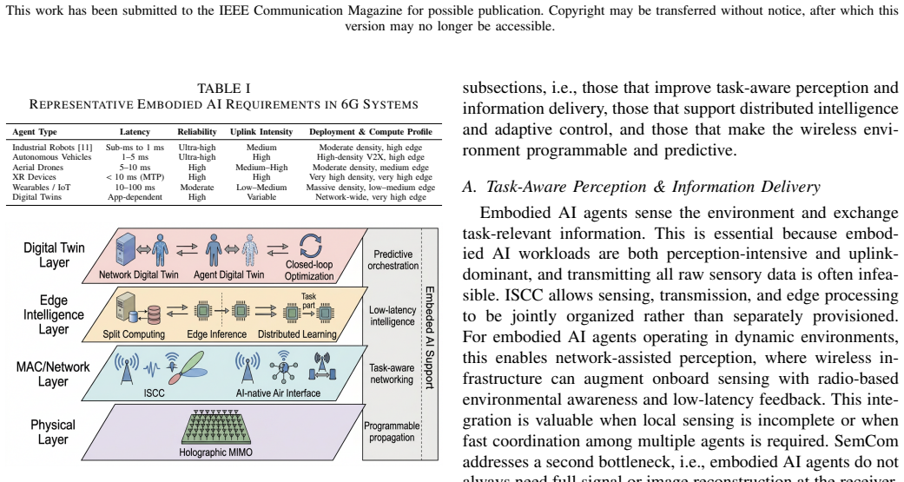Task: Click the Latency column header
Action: (135, 132)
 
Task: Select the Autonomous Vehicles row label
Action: (52, 157)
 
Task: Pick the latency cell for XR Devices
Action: (135, 177)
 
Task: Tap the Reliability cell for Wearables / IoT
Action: (197, 188)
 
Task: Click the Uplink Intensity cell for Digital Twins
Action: (261, 197)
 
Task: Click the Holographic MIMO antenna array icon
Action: (215, 426)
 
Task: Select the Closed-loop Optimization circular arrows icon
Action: (311, 246)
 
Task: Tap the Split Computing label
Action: (134, 334)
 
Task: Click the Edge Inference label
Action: (217, 334)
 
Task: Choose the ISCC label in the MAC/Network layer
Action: (154, 393)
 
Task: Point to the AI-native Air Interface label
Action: (278, 393)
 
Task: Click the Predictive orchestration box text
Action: (393, 260)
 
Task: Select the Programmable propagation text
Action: (392, 432)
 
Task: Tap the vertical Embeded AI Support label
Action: (430, 337)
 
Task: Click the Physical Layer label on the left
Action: (53, 432)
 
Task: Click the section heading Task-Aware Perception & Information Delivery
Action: (641, 187)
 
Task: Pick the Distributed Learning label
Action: (297, 334)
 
